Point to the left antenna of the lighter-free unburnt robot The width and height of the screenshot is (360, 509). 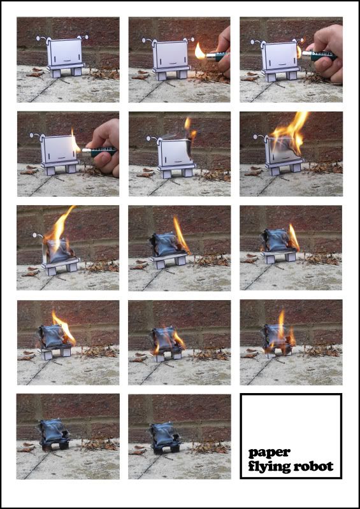(x=43, y=39)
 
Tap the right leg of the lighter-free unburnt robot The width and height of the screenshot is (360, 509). (x=76, y=71)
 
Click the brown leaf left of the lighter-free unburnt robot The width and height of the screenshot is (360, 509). (x=35, y=73)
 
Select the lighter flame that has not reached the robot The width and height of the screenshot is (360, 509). (x=200, y=52)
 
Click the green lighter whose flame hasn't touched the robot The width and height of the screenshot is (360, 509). (x=215, y=57)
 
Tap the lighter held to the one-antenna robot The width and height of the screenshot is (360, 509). (x=99, y=151)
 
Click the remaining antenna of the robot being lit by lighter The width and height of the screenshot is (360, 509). (x=36, y=136)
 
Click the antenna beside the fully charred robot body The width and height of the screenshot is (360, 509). (x=38, y=236)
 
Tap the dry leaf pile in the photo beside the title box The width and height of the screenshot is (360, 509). (x=210, y=447)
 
